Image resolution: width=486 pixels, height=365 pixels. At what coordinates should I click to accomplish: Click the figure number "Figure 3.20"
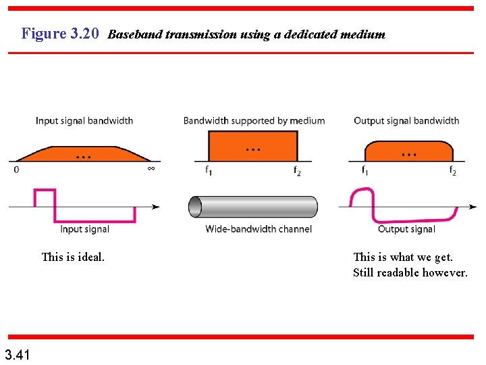point(60,33)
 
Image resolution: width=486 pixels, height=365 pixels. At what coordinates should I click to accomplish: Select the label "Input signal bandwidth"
point(84,121)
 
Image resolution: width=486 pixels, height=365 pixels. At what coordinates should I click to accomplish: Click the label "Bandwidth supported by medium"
point(254,121)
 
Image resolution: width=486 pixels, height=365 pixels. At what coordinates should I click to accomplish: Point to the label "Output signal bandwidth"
point(406,121)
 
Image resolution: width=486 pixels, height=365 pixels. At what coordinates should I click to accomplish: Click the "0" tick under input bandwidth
point(16,170)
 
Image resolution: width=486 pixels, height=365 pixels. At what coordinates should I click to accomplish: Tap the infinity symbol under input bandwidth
point(151,169)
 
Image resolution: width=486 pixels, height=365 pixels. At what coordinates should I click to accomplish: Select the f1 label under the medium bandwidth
point(209,171)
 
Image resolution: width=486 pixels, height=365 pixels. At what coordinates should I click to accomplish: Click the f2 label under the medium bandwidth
point(297,171)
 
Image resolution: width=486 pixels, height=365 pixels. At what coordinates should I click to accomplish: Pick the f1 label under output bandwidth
point(365,171)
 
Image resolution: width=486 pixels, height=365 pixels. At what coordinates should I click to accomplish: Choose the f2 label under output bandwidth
point(452,171)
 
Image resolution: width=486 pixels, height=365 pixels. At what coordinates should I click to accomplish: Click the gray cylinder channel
point(253,207)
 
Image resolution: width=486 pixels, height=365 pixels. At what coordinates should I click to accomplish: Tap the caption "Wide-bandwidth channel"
point(259,229)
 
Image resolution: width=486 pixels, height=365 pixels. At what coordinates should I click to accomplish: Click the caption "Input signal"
point(84,229)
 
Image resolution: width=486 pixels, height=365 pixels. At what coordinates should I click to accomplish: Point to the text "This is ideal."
point(73,257)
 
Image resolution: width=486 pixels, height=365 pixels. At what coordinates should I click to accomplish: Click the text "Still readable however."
point(410,272)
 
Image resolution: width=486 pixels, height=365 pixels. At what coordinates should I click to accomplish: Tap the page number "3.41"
point(16,354)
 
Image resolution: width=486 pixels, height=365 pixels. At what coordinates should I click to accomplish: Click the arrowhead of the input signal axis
point(156,206)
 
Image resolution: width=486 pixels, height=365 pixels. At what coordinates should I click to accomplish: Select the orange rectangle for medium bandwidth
point(253,145)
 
